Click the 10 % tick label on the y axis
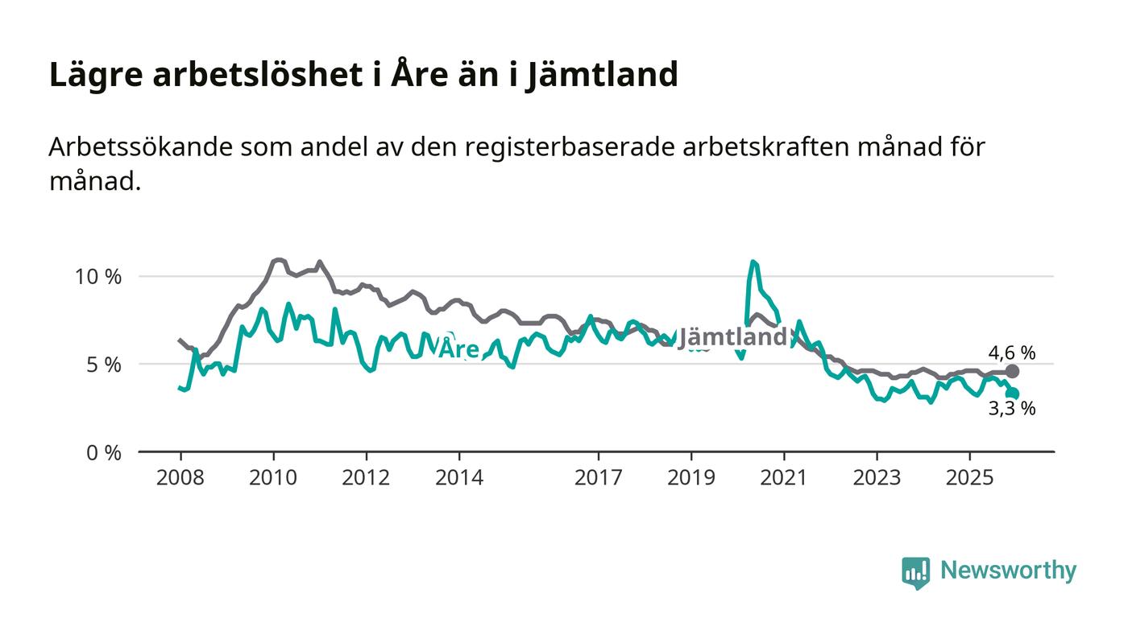98,277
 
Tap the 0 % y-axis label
104,453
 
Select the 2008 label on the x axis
180,478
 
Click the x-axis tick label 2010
273,478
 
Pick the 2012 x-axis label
366,478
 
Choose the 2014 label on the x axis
459,478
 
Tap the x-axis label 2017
598,478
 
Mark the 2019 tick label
691,478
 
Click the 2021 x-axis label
784,478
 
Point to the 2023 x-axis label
877,478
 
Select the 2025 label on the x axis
969,478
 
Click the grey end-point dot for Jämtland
1013,371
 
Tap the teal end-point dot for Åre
1013,394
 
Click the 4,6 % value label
1012,352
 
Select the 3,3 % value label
1012,409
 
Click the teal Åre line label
458,349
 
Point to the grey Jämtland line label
732,338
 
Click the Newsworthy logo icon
915,572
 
